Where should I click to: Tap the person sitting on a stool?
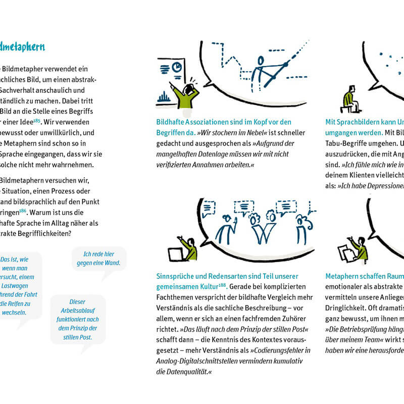click(x=349, y=99)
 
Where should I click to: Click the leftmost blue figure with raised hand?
click(x=224, y=230)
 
